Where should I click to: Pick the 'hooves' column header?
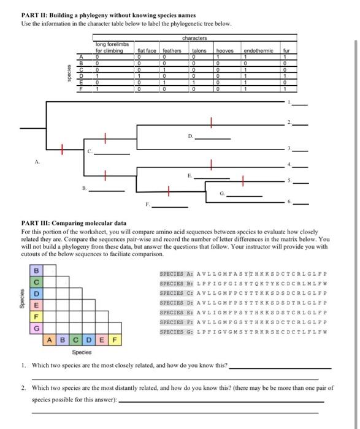[225, 51]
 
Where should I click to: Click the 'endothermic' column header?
[258, 51]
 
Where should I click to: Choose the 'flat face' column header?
[147, 51]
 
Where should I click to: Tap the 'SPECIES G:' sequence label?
[177, 332]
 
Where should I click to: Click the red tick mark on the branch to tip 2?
[212, 123]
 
